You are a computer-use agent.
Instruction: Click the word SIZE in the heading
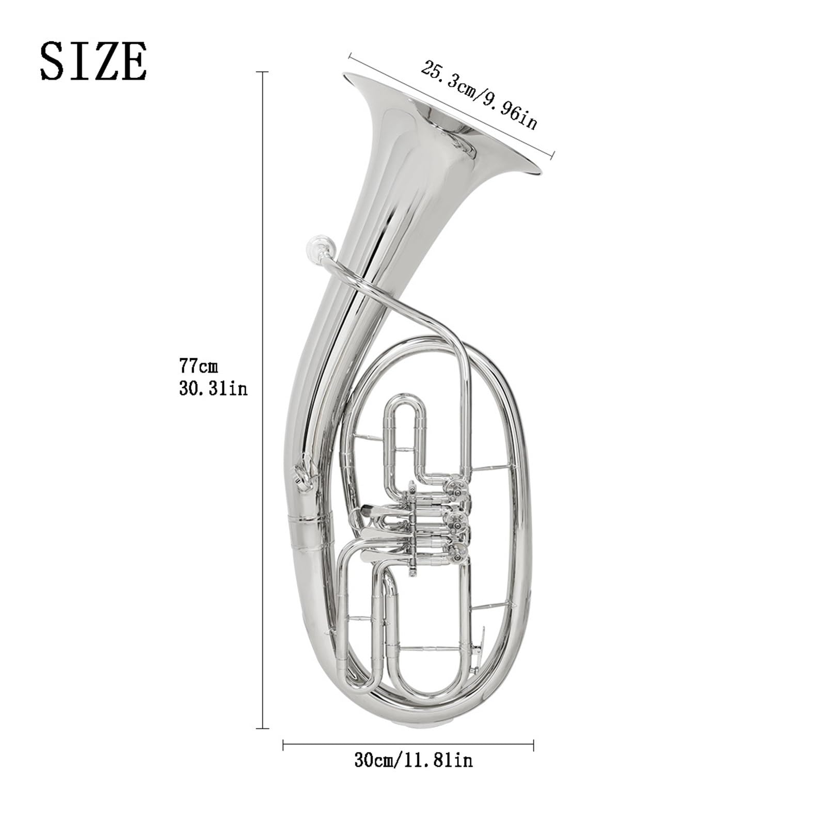pos(93,61)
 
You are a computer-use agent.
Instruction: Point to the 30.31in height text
pos(213,388)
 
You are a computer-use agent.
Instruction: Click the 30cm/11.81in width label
pos(413,760)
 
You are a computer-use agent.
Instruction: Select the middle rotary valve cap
pos(457,520)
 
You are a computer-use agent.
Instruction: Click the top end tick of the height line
pos(263,72)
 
